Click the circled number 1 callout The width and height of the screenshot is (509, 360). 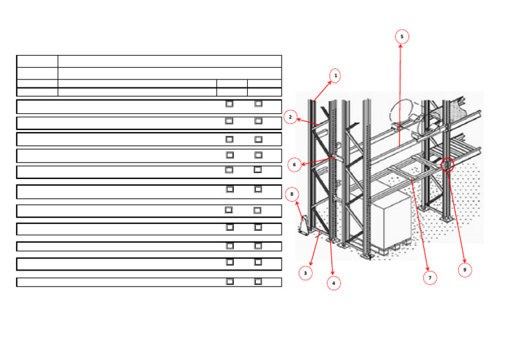click(335, 76)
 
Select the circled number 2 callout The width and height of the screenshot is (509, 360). click(290, 117)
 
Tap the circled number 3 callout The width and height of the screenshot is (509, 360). click(305, 272)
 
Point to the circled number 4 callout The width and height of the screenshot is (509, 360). click(333, 283)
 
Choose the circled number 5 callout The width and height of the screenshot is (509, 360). click(401, 36)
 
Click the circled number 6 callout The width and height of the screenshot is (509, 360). click(294, 164)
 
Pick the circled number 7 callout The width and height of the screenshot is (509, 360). click(430, 278)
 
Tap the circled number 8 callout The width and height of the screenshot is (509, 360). click(292, 194)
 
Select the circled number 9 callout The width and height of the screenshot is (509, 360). click(465, 270)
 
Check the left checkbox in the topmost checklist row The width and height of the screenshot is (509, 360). click(229, 103)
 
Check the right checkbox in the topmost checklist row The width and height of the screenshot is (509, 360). click(258, 103)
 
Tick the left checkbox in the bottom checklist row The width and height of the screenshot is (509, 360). click(229, 281)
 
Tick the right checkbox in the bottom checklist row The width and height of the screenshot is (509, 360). click(258, 281)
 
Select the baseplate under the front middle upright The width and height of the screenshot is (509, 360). click(367, 253)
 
